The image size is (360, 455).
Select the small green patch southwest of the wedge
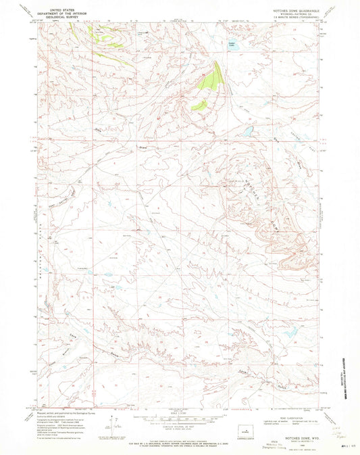coord(199,105)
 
